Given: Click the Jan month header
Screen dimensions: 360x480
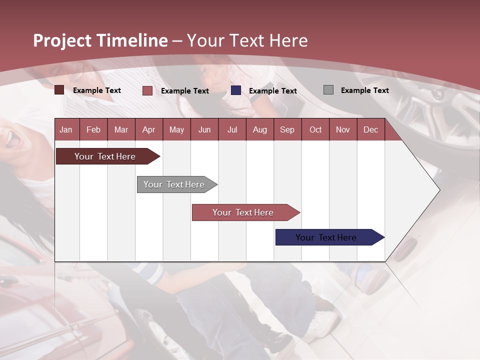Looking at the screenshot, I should (x=66, y=129).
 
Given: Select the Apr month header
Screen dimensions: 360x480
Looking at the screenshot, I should (x=148, y=129).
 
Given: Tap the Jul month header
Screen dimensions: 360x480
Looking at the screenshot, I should (x=232, y=129).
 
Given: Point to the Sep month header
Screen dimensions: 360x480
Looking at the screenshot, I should (x=287, y=129).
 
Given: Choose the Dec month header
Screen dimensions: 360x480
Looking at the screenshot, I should (x=370, y=129).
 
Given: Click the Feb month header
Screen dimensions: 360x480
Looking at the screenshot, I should (x=93, y=129).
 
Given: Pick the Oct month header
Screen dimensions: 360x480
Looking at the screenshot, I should (x=315, y=129).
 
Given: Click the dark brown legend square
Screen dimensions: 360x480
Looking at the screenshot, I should (x=59, y=90).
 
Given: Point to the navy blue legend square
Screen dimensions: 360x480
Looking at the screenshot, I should (x=236, y=90).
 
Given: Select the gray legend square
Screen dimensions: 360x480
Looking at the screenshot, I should (x=328, y=90).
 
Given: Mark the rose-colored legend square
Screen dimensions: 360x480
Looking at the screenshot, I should (x=147, y=90).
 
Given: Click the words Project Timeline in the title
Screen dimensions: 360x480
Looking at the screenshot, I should (x=100, y=40).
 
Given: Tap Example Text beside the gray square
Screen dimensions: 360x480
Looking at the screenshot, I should (x=364, y=90).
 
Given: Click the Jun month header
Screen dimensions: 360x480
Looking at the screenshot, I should (x=204, y=129).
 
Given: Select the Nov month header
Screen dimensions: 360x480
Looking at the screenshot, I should (x=343, y=129).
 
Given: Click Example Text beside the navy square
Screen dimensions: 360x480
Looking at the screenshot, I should (x=272, y=91).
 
